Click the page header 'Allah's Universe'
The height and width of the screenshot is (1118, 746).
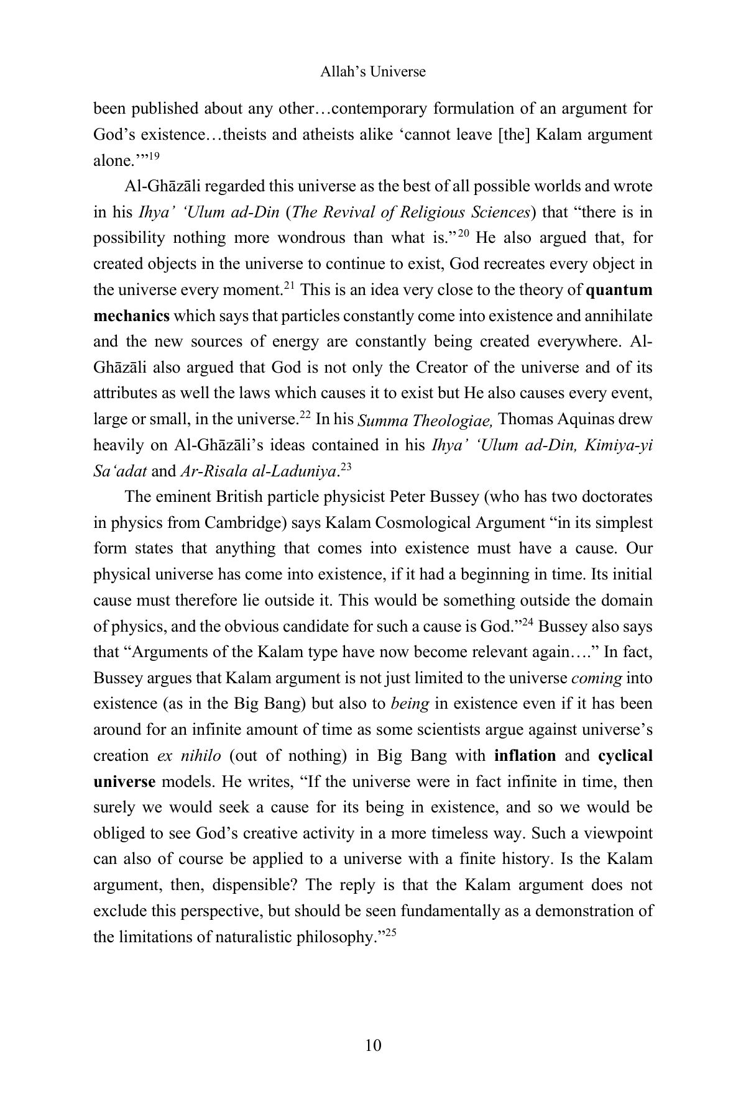pyautogui.click(x=372, y=72)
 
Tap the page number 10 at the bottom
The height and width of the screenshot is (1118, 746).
pyautogui.click(x=373, y=1045)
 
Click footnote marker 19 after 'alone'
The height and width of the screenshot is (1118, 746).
pyautogui.click(x=154, y=156)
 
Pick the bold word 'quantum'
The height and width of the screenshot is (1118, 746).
pyautogui.click(x=619, y=290)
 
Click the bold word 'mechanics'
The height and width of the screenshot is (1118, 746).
pyautogui.click(x=131, y=316)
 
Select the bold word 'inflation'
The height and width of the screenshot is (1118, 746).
pyautogui.click(x=525, y=756)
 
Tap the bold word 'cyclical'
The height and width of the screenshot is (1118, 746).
pyautogui.click(x=625, y=756)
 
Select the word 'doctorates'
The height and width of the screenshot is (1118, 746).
pyautogui.click(x=619, y=497)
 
